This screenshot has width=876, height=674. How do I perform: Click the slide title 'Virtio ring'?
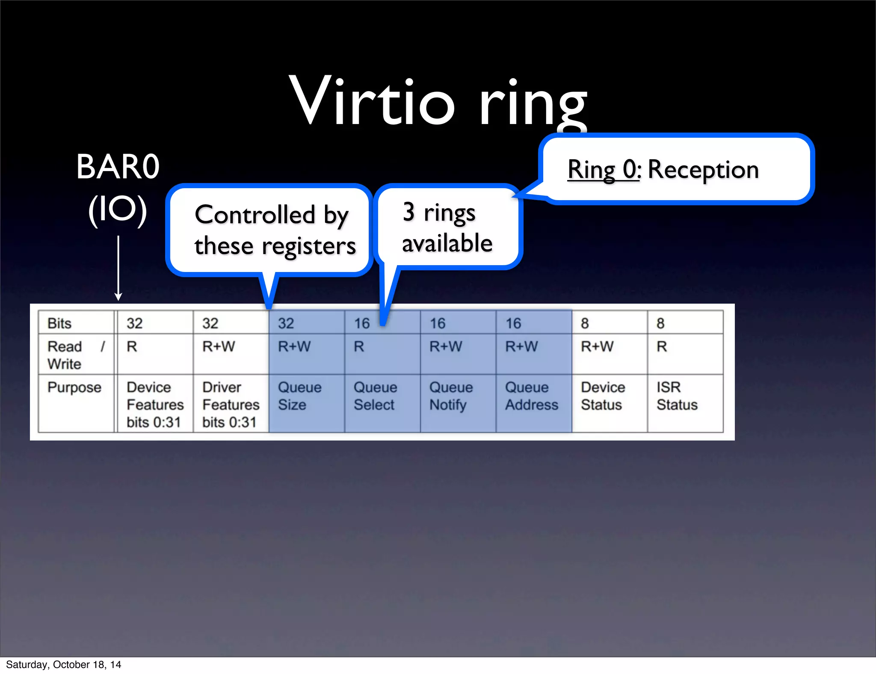tap(438, 103)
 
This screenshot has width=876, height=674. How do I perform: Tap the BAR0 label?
tap(118, 167)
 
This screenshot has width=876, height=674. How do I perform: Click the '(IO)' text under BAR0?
tap(118, 210)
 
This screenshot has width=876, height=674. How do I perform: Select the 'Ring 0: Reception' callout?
tap(676, 169)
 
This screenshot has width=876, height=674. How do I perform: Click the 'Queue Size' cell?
tap(299, 396)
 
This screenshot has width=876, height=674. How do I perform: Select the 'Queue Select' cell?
tap(375, 396)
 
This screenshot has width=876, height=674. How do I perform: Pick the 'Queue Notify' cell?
tap(451, 396)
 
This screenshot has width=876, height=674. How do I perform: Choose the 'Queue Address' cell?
tap(532, 396)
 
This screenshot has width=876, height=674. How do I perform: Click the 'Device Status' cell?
tap(603, 396)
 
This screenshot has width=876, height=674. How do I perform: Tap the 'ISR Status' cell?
tap(677, 396)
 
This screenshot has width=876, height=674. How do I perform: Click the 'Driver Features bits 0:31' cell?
tap(231, 404)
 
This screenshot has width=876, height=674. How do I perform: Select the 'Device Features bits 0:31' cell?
tap(155, 404)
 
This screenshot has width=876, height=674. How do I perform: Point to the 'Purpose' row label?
tap(74, 387)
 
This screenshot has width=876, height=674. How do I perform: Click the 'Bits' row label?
tap(59, 323)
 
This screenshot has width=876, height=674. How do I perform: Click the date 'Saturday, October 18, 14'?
tap(63, 665)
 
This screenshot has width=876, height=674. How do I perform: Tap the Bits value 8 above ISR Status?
tap(660, 323)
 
